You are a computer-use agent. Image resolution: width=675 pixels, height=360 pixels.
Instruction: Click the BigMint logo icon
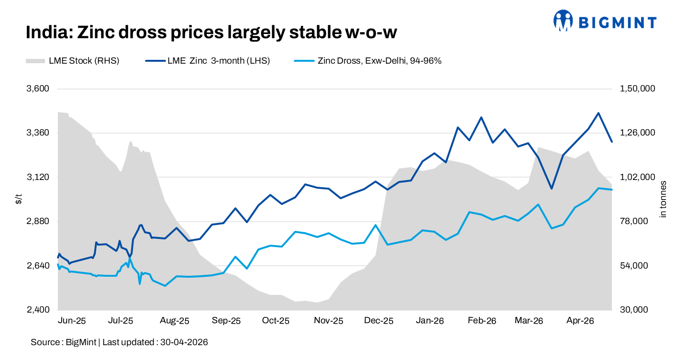pyautogui.click(x=563, y=21)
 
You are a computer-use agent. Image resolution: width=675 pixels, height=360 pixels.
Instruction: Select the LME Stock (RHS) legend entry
pyautogui.click(x=73, y=61)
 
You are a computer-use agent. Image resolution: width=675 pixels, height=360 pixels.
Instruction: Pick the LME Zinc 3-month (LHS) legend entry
pyautogui.click(x=208, y=61)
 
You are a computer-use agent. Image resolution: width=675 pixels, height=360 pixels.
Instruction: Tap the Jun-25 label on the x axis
pyautogui.click(x=72, y=321)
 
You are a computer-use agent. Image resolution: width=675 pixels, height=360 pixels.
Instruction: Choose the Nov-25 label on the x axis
pyautogui.click(x=328, y=321)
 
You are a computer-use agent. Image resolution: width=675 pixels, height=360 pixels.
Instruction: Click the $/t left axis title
pyautogui.click(x=19, y=199)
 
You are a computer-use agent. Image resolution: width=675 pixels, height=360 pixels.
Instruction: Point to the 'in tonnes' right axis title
pyautogui.click(x=663, y=199)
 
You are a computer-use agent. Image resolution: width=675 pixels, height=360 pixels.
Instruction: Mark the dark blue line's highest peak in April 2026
pyautogui.click(x=598, y=113)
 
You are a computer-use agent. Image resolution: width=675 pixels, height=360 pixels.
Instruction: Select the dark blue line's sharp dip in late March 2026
pyautogui.click(x=552, y=189)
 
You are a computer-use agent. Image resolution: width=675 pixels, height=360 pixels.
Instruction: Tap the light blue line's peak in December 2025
pyautogui.click(x=376, y=225)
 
